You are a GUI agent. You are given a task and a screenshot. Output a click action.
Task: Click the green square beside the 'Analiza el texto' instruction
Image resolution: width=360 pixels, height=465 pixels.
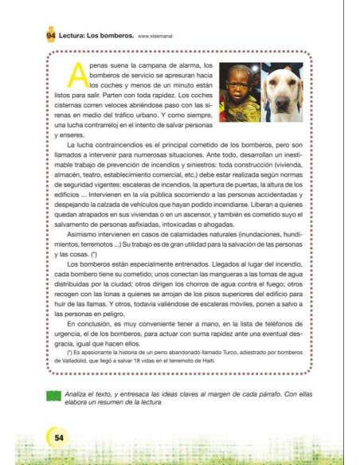pyautogui.click(x=54, y=396)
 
